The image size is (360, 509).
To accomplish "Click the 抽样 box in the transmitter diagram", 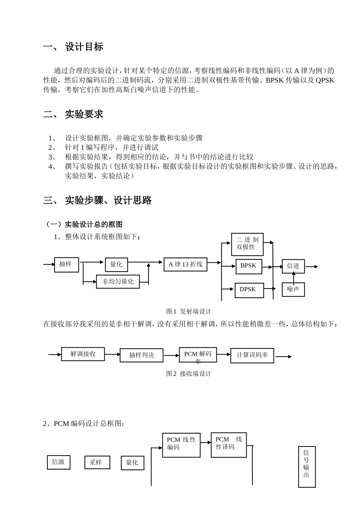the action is pyautogui.click(x=66, y=264).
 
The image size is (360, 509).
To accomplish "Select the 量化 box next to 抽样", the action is pyautogui.click(x=116, y=265).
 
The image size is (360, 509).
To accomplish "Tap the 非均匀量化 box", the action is pyautogui.click(x=118, y=281).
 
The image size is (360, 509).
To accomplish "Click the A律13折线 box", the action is pyautogui.click(x=185, y=264).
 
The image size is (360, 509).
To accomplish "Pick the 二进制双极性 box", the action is pyautogui.click(x=247, y=244).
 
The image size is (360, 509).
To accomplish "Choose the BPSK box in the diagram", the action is pyautogui.click(x=249, y=266).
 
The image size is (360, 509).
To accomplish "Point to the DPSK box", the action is pyautogui.click(x=249, y=290).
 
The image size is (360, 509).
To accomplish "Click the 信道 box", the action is pyautogui.click(x=293, y=266).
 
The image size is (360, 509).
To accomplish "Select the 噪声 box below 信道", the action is pyautogui.click(x=293, y=290).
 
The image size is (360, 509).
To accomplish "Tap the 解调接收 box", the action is pyautogui.click(x=83, y=354).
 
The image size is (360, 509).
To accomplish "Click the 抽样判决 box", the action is pyautogui.click(x=141, y=355).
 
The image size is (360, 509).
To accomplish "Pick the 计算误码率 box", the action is pyautogui.click(x=252, y=355).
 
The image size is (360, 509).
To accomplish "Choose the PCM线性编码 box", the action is pyautogui.click(x=181, y=445).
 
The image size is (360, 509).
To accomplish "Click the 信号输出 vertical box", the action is pyautogui.click(x=307, y=467).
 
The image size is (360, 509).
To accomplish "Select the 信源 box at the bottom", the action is pyautogui.click(x=58, y=462).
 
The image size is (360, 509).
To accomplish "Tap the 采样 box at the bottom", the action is pyautogui.click(x=97, y=462).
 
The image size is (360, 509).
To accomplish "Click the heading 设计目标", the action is pyautogui.click(x=84, y=47).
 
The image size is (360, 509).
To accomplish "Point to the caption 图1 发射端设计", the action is pyautogui.click(x=188, y=311).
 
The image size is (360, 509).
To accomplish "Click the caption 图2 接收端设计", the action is pyautogui.click(x=188, y=374).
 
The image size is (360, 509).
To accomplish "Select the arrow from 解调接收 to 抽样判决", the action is pyautogui.click(x=112, y=354).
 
